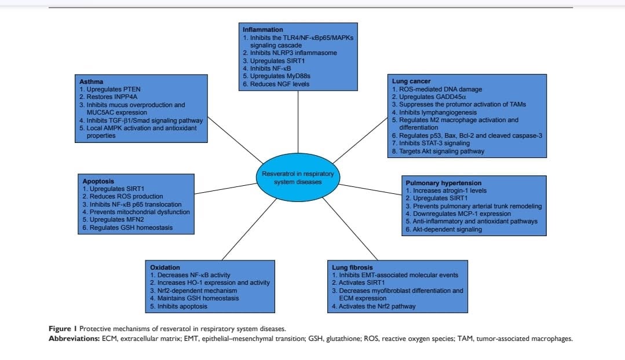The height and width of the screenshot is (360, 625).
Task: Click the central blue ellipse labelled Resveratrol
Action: tap(298, 178)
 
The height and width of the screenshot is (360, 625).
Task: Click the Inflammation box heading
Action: tap(262, 30)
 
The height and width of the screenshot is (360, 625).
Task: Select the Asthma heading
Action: tap(91, 82)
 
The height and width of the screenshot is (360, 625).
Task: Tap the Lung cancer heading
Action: tap(411, 81)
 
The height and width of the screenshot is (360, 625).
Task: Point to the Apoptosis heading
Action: tap(98, 181)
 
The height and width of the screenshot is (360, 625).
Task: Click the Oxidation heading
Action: tap(165, 267)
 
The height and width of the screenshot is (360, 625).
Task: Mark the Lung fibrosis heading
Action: tap(352, 267)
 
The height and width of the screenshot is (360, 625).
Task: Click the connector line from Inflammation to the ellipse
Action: tap(298, 122)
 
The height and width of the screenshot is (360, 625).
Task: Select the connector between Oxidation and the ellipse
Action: tap(249, 229)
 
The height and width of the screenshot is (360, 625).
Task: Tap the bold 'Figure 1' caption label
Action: tap(63, 329)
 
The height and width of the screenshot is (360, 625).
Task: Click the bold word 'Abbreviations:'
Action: tap(74, 339)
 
